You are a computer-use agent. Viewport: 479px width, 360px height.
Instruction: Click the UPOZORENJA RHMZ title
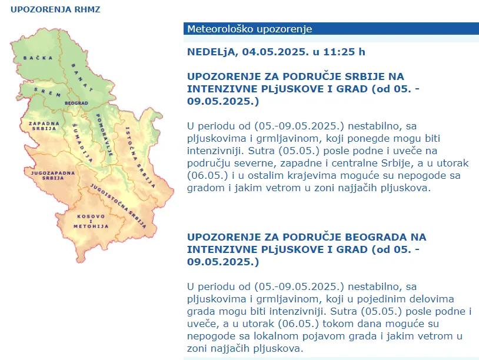(55, 9)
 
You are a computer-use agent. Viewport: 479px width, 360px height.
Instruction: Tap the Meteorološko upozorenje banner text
(250, 29)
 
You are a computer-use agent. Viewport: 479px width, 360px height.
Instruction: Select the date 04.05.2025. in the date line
(275, 52)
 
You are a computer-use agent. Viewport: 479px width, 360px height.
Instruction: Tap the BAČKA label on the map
(38, 58)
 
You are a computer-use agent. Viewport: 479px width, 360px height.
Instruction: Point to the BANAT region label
(82, 78)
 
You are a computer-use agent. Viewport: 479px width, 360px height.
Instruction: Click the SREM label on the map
(47, 92)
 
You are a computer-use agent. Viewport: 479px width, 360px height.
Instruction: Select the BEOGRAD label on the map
(76, 103)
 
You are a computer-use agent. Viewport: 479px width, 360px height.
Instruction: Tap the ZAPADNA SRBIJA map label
(44, 126)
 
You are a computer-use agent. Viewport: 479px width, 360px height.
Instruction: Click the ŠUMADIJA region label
(82, 143)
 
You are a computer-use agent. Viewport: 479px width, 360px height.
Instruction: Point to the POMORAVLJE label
(104, 135)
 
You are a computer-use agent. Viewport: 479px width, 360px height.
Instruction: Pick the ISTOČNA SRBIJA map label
(140, 157)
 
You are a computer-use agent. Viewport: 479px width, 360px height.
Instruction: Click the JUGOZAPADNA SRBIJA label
(53, 175)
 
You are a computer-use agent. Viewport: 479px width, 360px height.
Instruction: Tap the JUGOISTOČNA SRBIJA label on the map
(118, 206)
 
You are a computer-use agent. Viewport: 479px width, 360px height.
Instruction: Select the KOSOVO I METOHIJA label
(91, 221)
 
